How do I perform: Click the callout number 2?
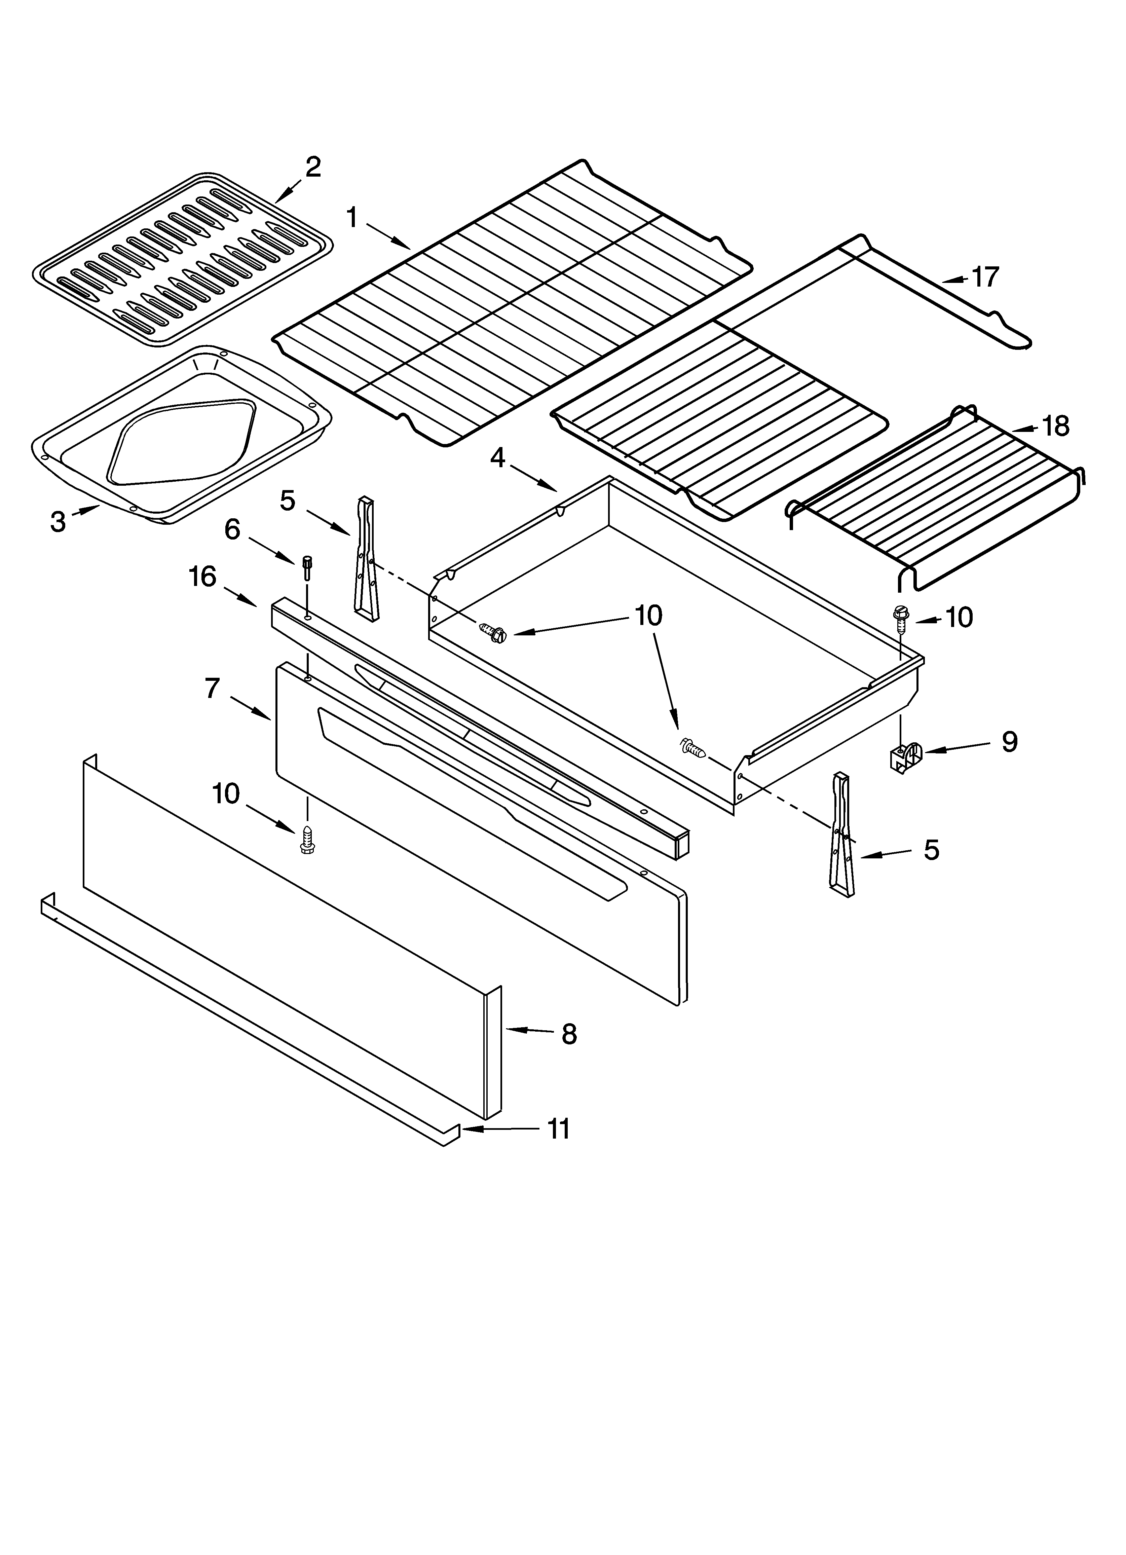pos(313,166)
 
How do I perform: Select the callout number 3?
pos(58,522)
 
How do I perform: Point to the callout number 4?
pos(498,457)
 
